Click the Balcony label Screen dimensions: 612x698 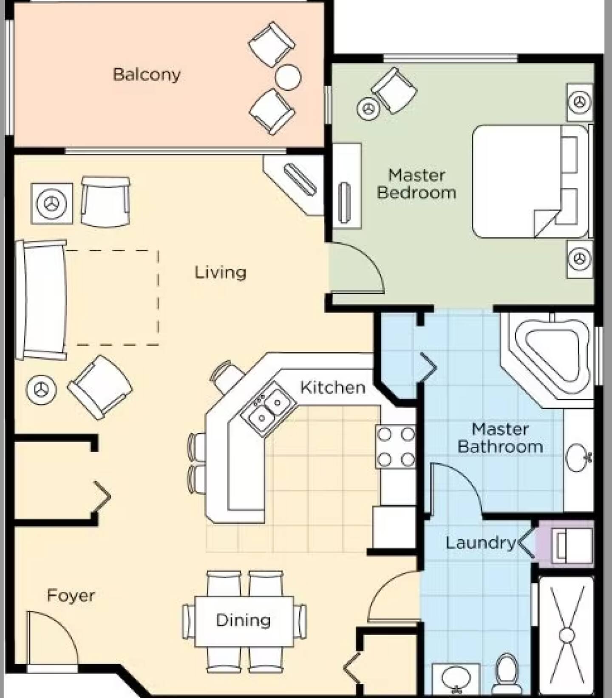[147, 74]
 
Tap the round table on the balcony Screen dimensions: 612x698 [288, 77]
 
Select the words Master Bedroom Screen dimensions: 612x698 [416, 184]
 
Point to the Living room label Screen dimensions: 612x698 [221, 272]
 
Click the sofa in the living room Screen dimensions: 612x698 [41, 300]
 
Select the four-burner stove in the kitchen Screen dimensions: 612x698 [396, 447]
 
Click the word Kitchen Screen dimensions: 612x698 [333, 387]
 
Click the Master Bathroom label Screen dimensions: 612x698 [500, 438]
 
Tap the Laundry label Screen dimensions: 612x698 [480, 543]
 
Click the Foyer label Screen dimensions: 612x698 [71, 596]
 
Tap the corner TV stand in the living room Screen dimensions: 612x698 [295, 184]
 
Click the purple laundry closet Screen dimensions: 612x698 [565, 544]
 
